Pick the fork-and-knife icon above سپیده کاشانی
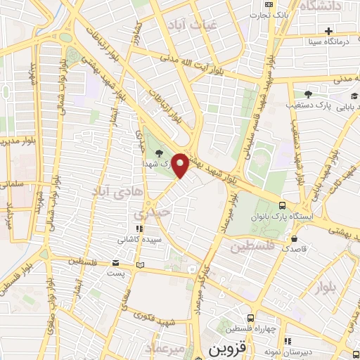(139, 229)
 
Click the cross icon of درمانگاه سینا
(328, 31)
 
